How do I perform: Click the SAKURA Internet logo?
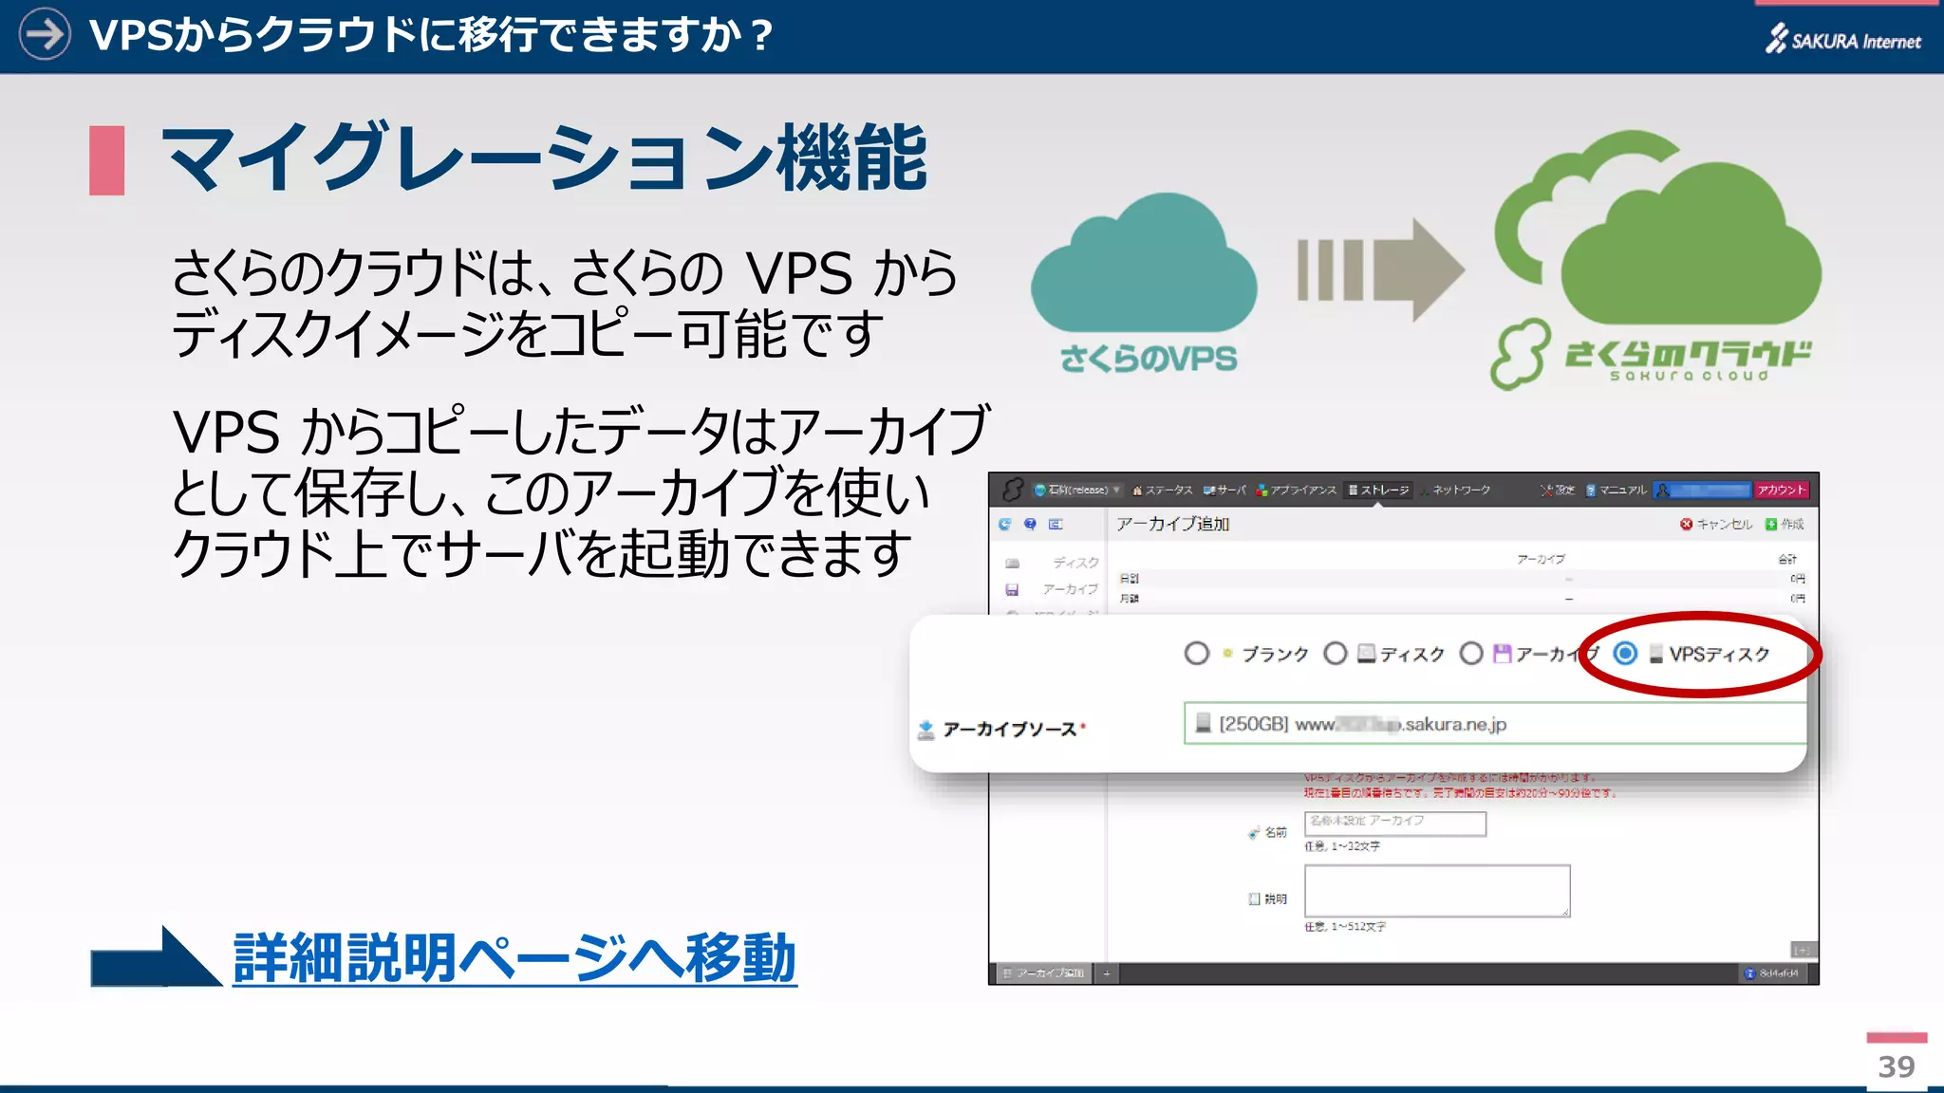[x=1842, y=39]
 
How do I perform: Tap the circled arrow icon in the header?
[x=45, y=34]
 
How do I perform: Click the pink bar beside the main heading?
[x=106, y=160]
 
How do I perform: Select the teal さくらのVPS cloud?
[x=1144, y=266]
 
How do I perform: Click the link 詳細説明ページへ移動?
[x=514, y=958]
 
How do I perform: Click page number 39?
[x=1896, y=1066]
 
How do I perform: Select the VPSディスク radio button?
[x=1625, y=654]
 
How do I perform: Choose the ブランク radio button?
[x=1197, y=654]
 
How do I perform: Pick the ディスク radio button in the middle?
[x=1336, y=654]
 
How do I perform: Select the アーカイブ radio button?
[x=1471, y=654]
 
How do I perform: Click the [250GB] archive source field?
[x=1494, y=724]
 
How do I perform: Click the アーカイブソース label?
[x=1009, y=729]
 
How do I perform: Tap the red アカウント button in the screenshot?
[x=1781, y=490]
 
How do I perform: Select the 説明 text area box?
[x=1436, y=890]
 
